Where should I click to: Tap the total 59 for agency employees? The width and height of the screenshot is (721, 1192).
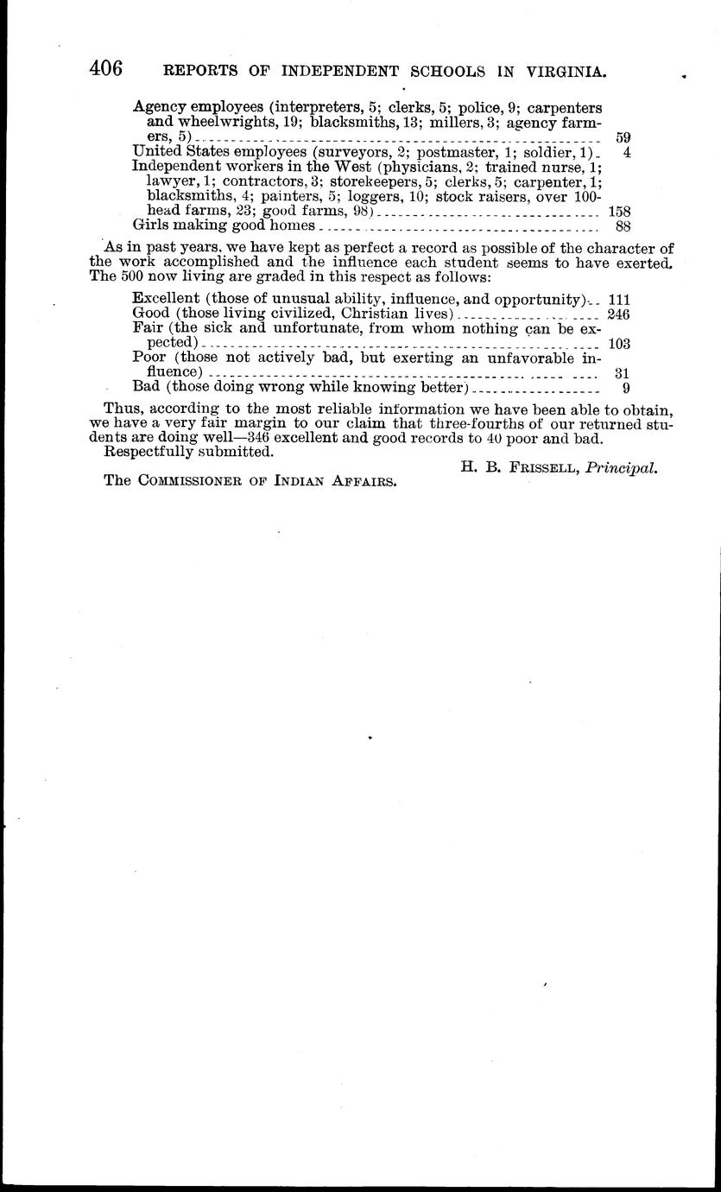pyautogui.click(x=622, y=136)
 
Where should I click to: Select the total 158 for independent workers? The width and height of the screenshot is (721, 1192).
pyautogui.click(x=619, y=211)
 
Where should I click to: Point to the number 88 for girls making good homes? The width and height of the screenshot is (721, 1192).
pyautogui.click(x=622, y=226)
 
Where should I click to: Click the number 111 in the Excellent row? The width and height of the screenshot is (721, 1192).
pyautogui.click(x=619, y=299)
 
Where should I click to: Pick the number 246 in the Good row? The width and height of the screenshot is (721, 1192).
pyautogui.click(x=619, y=314)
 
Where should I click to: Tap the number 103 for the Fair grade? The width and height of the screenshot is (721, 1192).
pyautogui.click(x=619, y=343)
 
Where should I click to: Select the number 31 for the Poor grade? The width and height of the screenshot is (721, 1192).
pyautogui.click(x=622, y=372)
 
